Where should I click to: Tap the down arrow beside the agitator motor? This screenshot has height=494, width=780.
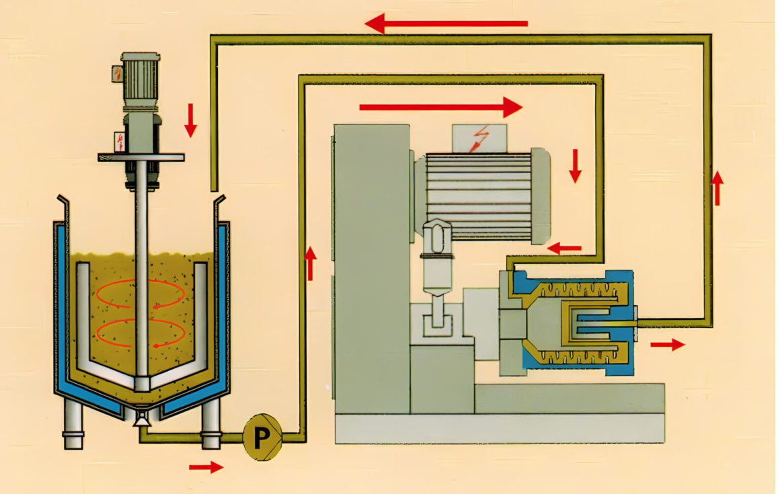pos(191,120)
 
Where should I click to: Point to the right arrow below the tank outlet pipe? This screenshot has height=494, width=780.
pos(206,467)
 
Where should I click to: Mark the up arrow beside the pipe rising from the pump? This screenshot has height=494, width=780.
pos(311,263)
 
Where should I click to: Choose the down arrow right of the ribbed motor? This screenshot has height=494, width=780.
pos(575,166)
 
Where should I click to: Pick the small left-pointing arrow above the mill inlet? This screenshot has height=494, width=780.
pos(564,248)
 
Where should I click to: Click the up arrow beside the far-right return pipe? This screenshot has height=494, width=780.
pos(717,188)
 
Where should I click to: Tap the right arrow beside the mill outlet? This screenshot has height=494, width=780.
pos(667,345)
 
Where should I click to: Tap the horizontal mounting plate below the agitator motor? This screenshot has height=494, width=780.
pos(141,157)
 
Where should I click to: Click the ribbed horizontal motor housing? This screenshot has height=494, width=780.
pos(481,195)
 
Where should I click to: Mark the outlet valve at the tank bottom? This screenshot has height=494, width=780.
pos(141,418)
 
